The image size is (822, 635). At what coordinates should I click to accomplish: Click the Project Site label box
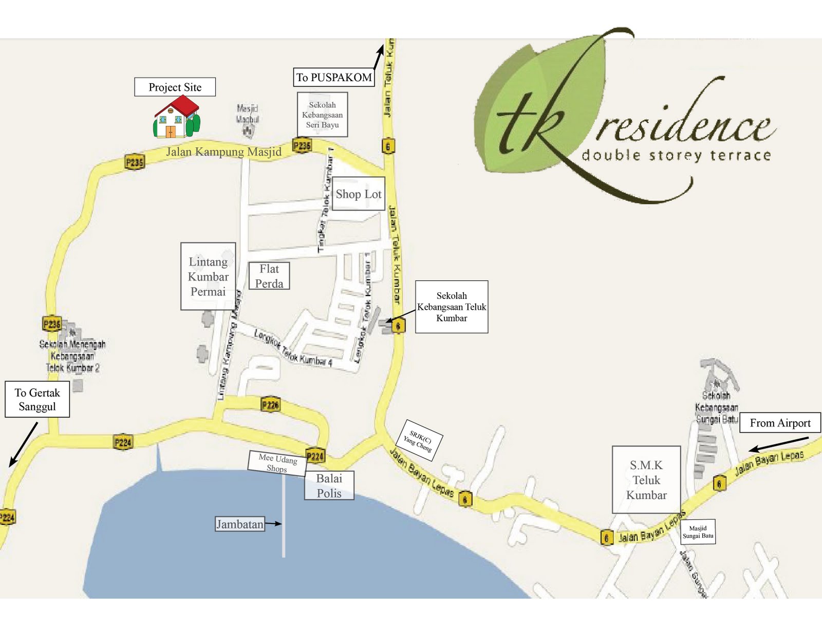175,87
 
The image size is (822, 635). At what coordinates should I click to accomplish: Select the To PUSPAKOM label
334,77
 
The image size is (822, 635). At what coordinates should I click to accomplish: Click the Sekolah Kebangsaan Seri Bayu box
322,115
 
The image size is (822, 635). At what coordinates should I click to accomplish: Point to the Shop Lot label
358,194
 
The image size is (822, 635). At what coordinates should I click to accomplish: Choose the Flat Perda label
269,276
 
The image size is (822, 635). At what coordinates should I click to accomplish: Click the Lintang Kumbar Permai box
208,276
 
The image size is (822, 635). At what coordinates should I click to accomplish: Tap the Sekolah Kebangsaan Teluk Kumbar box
452,307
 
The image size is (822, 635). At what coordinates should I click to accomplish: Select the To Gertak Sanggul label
37,399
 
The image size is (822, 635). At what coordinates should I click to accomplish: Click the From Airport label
780,423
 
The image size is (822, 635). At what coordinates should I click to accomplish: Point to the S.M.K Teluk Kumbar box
646,479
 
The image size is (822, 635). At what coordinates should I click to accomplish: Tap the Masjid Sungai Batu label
698,532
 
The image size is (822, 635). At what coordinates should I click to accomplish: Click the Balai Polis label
329,485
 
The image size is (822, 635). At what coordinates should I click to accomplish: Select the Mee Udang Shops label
277,463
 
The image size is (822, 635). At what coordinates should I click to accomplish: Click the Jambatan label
239,524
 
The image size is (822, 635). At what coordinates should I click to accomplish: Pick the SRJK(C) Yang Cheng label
420,440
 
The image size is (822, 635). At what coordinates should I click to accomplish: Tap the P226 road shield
270,405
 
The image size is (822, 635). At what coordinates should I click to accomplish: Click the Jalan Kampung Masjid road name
223,152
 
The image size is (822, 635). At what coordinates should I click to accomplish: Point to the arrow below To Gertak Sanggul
23,445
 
